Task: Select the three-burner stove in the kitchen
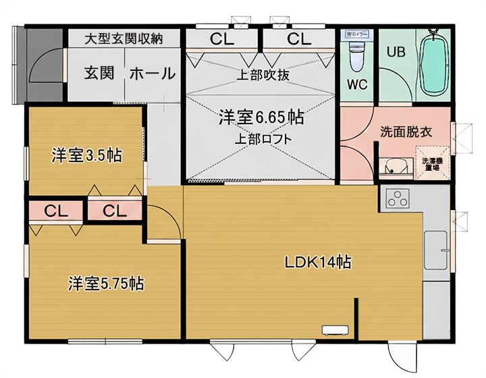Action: pyautogui.click(x=398, y=199)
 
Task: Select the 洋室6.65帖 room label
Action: pyautogui.click(x=261, y=117)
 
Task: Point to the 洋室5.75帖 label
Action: pyautogui.click(x=105, y=283)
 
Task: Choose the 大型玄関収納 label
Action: pyautogui.click(x=124, y=38)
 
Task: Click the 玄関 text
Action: pyautogui.click(x=99, y=73)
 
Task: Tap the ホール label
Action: pyautogui.click(x=152, y=73)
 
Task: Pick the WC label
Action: pyautogui.click(x=357, y=85)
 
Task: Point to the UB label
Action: pyautogui.click(x=395, y=52)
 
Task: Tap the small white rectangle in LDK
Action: pyautogui.click(x=334, y=330)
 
